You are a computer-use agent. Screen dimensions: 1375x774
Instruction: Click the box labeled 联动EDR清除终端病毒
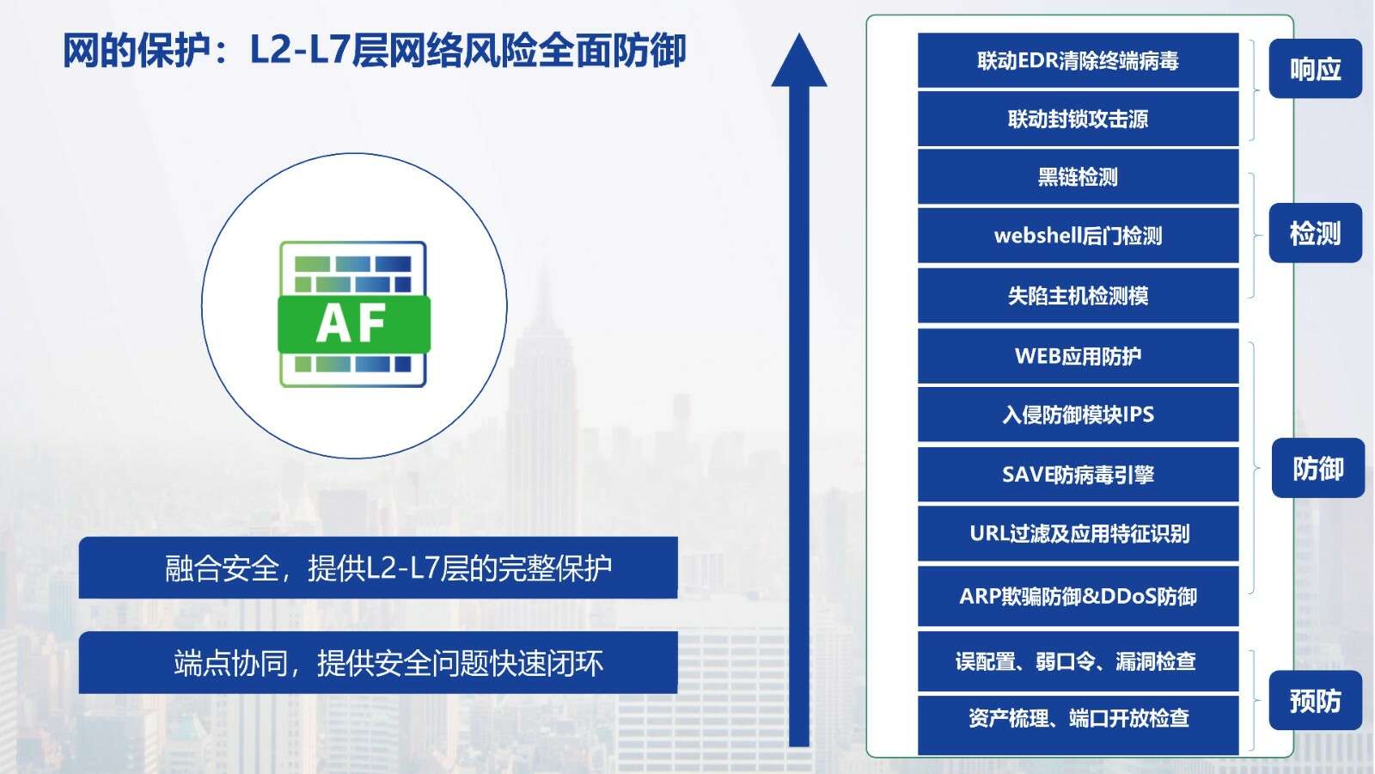pyautogui.click(x=1078, y=60)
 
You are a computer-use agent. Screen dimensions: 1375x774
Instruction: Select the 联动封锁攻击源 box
pyautogui.click(x=1078, y=119)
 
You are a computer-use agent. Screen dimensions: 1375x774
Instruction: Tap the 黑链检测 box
pyautogui.click(x=1078, y=177)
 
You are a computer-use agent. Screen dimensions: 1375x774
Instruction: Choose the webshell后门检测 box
pyautogui.click(x=1078, y=236)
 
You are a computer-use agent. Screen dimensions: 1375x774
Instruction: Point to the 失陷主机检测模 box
pyautogui.click(x=1078, y=296)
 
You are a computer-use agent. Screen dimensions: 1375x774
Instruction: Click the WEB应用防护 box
pyautogui.click(x=1078, y=356)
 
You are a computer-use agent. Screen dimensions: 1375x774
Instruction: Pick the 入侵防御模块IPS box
pyautogui.click(x=1078, y=415)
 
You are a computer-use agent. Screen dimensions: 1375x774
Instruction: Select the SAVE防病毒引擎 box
pyautogui.click(x=1078, y=474)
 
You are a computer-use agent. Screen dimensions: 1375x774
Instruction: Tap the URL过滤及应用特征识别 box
pyautogui.click(x=1078, y=533)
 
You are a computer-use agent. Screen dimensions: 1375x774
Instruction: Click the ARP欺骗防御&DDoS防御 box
pyautogui.click(x=1078, y=596)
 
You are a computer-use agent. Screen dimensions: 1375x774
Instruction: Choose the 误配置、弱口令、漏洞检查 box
pyautogui.click(x=1078, y=661)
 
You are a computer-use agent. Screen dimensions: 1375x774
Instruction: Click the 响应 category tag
pyautogui.click(x=1316, y=68)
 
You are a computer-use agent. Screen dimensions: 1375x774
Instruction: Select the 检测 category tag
pyautogui.click(x=1316, y=233)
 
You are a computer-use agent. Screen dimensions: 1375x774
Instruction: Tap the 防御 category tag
pyautogui.click(x=1318, y=468)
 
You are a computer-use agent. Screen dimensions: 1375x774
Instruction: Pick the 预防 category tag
pyautogui.click(x=1316, y=700)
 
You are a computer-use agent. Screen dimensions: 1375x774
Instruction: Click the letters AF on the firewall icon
pyautogui.click(x=351, y=323)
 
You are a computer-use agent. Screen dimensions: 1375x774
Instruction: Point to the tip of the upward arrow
pyautogui.click(x=798, y=34)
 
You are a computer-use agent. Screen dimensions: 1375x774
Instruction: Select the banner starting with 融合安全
pyautogui.click(x=378, y=568)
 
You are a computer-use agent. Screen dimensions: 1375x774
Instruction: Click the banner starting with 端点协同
pyautogui.click(x=378, y=662)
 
